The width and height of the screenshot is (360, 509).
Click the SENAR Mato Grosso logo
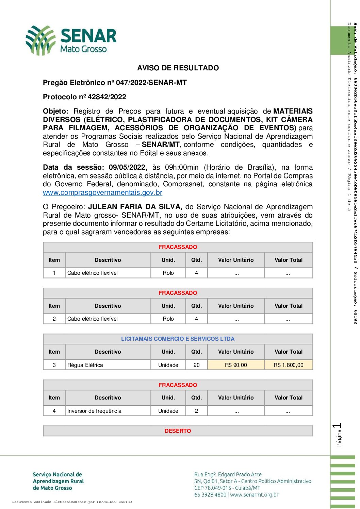click(71, 40)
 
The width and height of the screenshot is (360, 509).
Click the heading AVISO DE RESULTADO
click(178, 68)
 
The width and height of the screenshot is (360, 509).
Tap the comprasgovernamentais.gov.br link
click(102, 193)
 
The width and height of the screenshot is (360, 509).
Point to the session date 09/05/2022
click(128, 167)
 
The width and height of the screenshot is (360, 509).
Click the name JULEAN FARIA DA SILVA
click(134, 207)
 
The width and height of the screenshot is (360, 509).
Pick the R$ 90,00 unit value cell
click(236, 365)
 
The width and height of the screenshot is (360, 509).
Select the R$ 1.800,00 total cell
click(288, 365)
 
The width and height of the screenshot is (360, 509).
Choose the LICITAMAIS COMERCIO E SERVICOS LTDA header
click(178, 339)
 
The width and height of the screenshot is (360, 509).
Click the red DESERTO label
click(178, 431)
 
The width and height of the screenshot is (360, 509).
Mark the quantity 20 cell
click(196, 365)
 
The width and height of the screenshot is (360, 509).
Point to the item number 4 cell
click(54, 411)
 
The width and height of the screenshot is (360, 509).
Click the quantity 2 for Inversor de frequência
click(196, 411)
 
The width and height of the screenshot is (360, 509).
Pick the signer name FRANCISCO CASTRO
click(114, 502)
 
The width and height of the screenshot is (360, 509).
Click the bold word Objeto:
click(55, 111)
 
